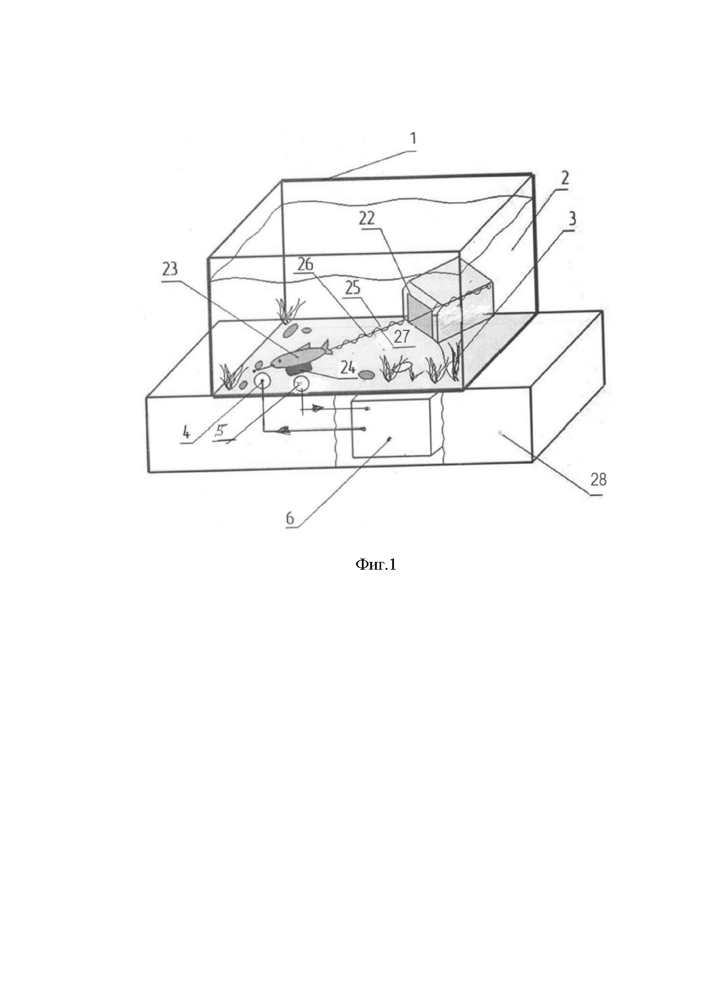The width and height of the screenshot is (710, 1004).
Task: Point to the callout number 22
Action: coord(367,218)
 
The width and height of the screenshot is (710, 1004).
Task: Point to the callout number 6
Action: coord(290,519)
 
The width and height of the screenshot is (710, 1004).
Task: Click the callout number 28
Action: coord(598,480)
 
